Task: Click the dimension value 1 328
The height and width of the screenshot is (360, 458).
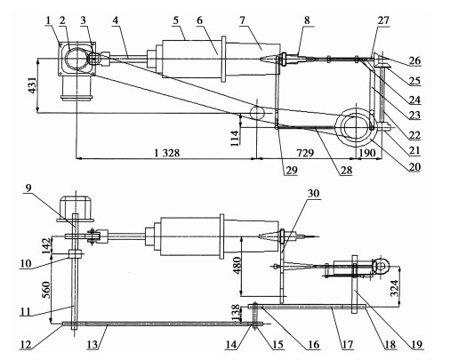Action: click(x=167, y=153)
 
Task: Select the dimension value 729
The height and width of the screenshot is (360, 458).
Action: click(x=305, y=153)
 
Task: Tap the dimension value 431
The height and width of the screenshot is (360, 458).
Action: click(x=32, y=85)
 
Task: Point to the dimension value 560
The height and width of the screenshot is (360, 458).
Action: click(x=46, y=290)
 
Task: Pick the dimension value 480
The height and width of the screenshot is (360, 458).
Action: click(x=237, y=265)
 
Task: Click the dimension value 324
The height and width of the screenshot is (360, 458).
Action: click(x=395, y=288)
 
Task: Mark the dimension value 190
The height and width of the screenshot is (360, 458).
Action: click(x=367, y=153)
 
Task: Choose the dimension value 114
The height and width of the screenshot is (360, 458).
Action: click(x=235, y=138)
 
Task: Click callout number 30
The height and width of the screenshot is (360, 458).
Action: click(x=313, y=193)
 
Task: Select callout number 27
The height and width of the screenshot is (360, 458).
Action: click(x=383, y=20)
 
